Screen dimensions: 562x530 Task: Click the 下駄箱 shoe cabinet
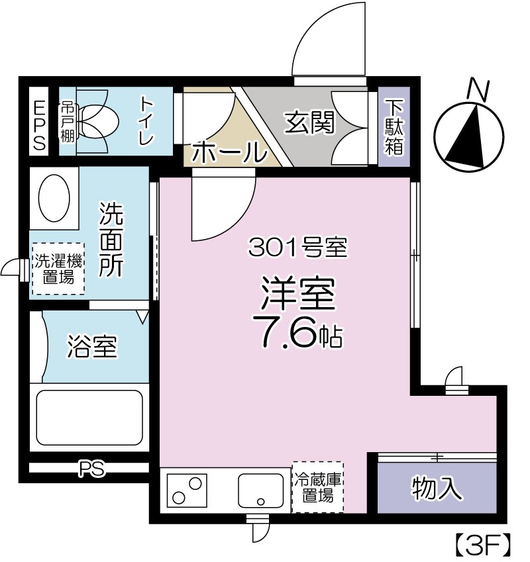(394, 126)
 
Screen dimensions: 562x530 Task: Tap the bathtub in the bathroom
(89, 417)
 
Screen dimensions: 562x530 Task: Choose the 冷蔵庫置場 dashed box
(317, 487)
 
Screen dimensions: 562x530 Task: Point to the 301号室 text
(297, 249)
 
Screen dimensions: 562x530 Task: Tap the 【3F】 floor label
(482, 544)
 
